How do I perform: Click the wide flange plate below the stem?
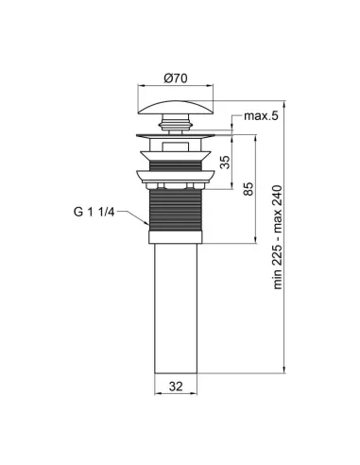[178, 140]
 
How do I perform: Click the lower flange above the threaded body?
[178, 174]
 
